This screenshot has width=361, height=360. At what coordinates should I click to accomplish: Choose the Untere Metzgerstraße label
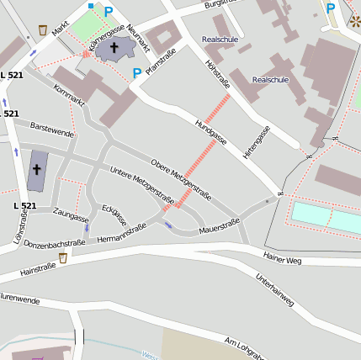point(143,186)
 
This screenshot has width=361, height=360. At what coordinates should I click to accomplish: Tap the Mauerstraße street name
point(220,224)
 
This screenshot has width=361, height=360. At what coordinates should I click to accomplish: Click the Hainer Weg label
point(282,260)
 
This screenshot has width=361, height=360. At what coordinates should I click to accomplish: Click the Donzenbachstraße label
point(54,243)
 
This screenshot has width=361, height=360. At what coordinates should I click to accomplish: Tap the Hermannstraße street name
point(121,233)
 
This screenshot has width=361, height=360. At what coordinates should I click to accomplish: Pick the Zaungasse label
point(71,216)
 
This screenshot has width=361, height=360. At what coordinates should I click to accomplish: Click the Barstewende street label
point(52,130)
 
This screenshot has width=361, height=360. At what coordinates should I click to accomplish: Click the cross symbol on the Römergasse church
point(114,48)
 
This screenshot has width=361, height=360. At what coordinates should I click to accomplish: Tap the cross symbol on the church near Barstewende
point(36,169)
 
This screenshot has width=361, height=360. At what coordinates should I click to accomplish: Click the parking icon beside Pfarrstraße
point(136,74)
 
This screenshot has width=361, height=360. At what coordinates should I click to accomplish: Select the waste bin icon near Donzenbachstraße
point(63,257)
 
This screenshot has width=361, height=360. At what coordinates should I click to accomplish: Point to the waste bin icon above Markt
point(43,30)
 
